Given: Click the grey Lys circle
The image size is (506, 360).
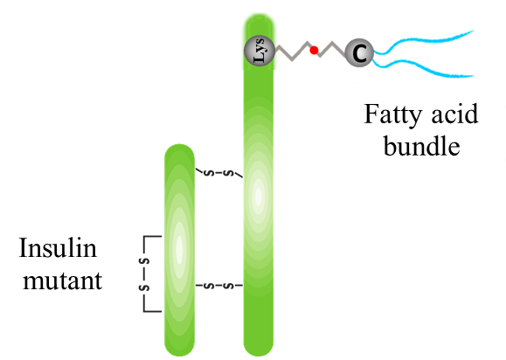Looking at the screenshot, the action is click(x=260, y=51).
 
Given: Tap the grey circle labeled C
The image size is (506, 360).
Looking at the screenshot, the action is click(x=359, y=52).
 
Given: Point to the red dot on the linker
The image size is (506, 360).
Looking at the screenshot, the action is click(x=314, y=50).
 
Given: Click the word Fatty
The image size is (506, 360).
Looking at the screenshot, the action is click(x=393, y=115).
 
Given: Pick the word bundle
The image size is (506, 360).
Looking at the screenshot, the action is click(x=421, y=145).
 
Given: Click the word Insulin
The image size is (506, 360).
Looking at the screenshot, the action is click(x=58, y=247).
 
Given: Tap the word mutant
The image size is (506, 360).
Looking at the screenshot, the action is click(x=62, y=280).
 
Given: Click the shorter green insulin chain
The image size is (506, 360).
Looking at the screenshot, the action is click(x=179, y=250).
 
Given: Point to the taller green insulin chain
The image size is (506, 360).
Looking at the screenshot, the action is click(x=259, y=185).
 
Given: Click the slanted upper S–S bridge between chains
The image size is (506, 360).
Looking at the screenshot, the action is click(x=219, y=173).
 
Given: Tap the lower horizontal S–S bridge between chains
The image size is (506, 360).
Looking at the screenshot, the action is click(x=219, y=286).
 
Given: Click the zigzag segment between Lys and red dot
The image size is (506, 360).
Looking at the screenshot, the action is click(x=293, y=52).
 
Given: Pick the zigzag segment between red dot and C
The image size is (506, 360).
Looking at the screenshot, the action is click(x=332, y=50).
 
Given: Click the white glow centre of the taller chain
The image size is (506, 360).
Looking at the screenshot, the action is click(x=259, y=196).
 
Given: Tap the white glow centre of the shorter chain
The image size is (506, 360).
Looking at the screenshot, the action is click(x=179, y=249).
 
